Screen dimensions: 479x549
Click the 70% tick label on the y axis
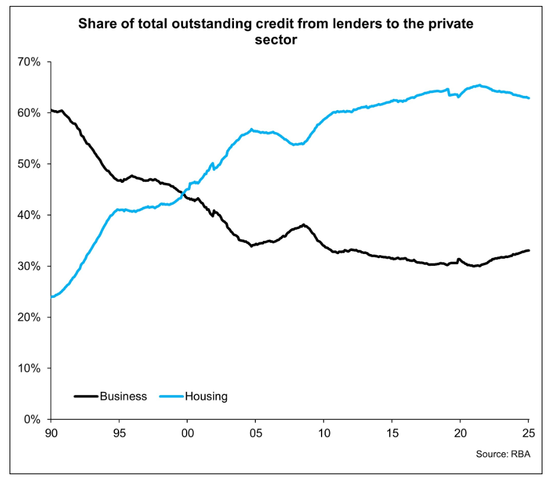click(x=28, y=62)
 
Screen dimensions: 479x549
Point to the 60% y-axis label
click(x=28, y=112)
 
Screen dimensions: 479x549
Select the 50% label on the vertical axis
click(x=28, y=164)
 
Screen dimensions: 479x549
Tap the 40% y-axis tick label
click(x=28, y=215)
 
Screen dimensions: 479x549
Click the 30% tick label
click(x=28, y=266)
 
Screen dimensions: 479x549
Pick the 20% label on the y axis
click(x=28, y=317)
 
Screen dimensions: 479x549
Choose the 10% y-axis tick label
click(x=28, y=368)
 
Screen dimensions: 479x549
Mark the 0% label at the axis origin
click(x=31, y=419)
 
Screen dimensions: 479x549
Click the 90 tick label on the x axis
click(x=51, y=433)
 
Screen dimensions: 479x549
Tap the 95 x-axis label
click(x=119, y=433)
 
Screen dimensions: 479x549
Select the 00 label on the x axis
click(x=187, y=433)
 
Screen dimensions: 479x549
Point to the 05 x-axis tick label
click(x=255, y=433)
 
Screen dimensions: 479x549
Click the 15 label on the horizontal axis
click(x=391, y=433)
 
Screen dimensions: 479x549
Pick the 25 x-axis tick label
click(x=528, y=433)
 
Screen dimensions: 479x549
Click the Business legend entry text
click(x=123, y=396)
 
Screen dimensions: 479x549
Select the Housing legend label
click(x=206, y=396)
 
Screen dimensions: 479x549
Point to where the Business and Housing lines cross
click(x=182, y=191)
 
